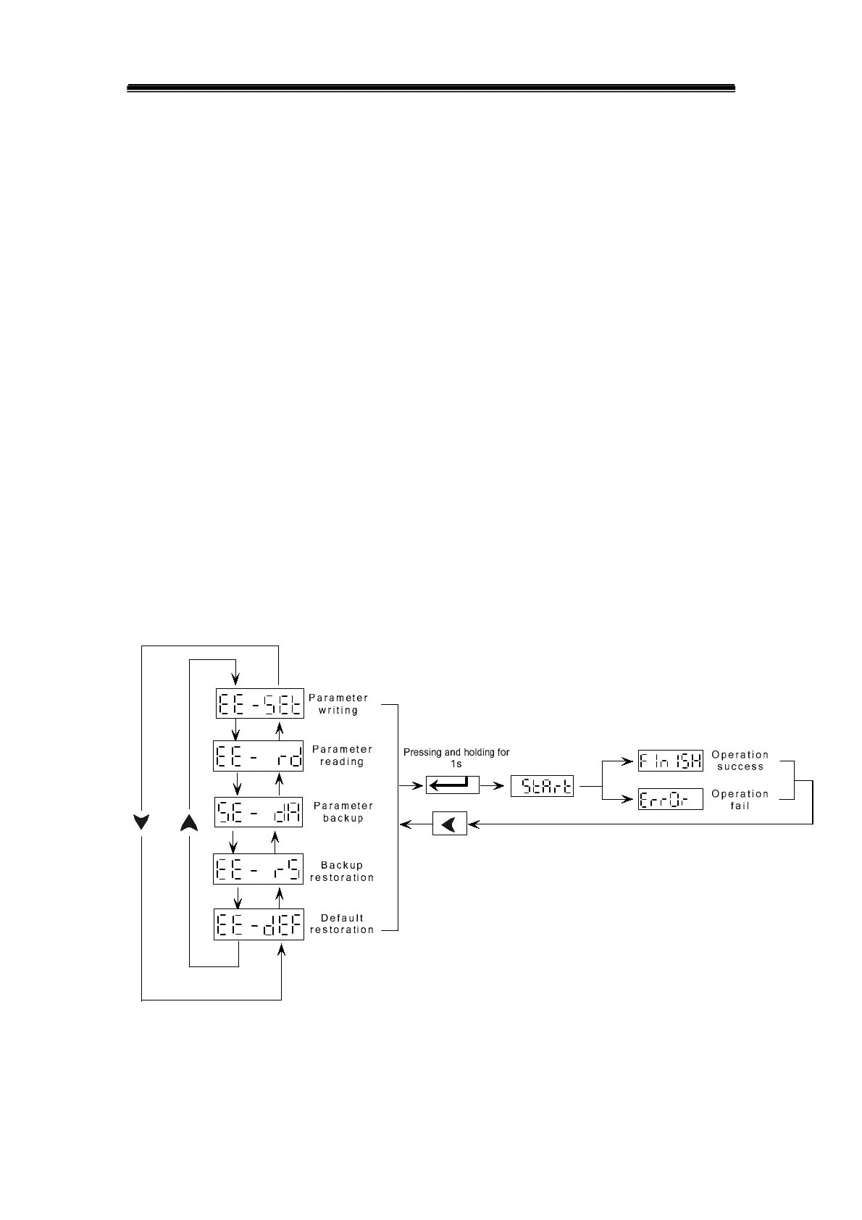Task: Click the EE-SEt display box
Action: [x=259, y=703]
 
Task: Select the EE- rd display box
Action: [x=258, y=756]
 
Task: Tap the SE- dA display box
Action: [x=259, y=812]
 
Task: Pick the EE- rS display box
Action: [x=258, y=869]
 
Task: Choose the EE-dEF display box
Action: [x=258, y=924]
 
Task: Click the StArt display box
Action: [x=542, y=786]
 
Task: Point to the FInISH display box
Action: [x=670, y=761]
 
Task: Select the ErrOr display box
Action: [x=670, y=799]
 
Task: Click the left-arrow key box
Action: [x=450, y=824]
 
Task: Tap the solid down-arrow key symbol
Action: [x=141, y=822]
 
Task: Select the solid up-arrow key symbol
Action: [x=189, y=822]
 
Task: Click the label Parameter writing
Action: [x=338, y=704]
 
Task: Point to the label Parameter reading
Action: [x=342, y=756]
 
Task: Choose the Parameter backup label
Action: [x=343, y=811]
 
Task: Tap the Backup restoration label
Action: [x=342, y=871]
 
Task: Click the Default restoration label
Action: [x=342, y=924]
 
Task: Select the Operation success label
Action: [x=740, y=761]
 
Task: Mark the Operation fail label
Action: [x=740, y=800]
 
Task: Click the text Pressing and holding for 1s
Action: [x=456, y=758]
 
